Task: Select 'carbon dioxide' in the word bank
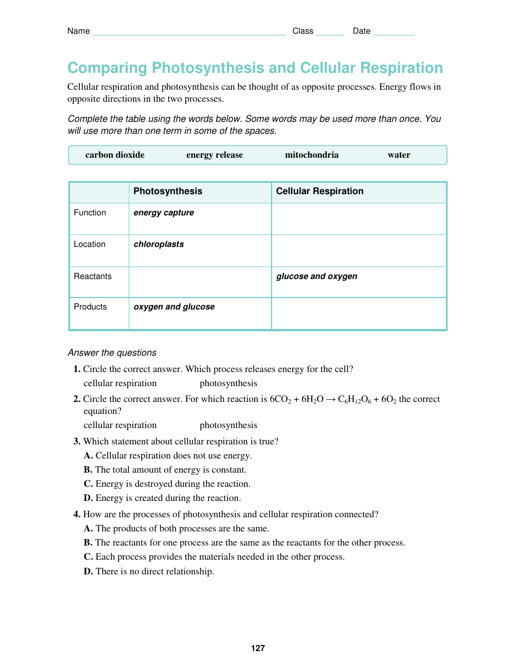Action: click(x=115, y=155)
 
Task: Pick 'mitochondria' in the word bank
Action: click(x=312, y=155)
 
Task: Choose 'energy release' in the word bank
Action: click(x=215, y=155)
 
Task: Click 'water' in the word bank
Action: click(x=399, y=155)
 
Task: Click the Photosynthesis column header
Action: click(x=168, y=191)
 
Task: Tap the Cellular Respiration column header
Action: click(x=319, y=191)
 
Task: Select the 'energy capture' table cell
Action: click(x=163, y=213)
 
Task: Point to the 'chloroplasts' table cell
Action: click(x=159, y=245)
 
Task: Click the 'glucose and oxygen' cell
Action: click(x=317, y=276)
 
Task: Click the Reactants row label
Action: click(x=93, y=276)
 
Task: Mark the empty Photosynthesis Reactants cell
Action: click(x=200, y=282)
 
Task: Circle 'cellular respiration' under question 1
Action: click(x=120, y=383)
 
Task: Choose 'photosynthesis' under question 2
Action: click(x=228, y=425)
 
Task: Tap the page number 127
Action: click(x=258, y=648)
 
